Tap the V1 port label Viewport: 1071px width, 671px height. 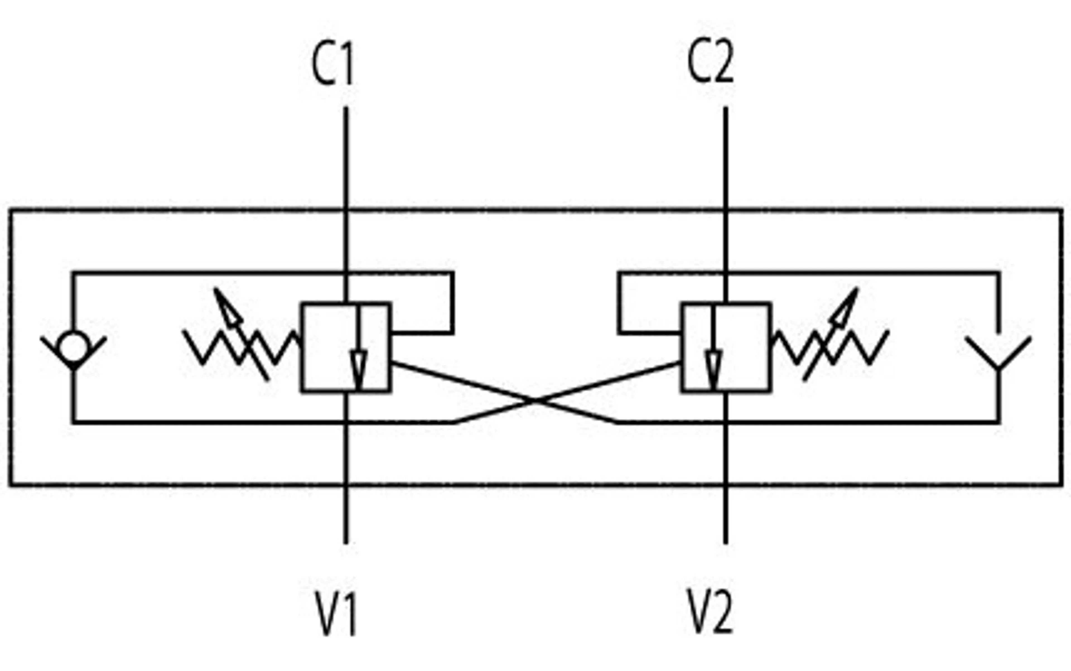click(336, 613)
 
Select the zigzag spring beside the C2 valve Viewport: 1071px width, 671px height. click(830, 347)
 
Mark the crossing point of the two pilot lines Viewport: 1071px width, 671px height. click(536, 401)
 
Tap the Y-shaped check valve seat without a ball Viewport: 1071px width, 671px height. click(998, 353)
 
